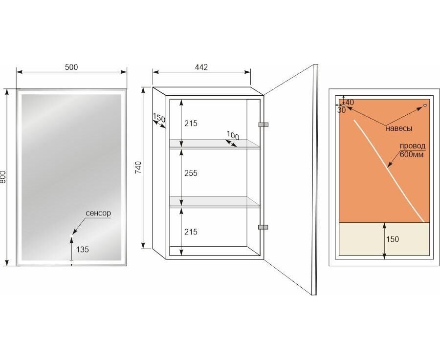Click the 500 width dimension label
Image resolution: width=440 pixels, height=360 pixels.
coord(71,67)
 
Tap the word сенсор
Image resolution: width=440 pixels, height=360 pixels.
coord(98,213)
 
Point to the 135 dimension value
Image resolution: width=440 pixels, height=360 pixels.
coord(83,249)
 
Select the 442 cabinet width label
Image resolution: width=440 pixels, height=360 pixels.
coord(201,67)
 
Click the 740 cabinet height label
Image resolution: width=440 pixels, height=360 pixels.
coord(139,168)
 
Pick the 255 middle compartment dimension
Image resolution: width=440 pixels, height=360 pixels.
coord(191,173)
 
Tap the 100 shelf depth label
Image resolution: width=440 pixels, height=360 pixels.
coord(233,135)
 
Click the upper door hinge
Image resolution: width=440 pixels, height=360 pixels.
coord(263,125)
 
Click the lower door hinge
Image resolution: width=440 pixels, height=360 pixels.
coord(263,227)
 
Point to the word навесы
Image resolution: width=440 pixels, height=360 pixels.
coord(399,128)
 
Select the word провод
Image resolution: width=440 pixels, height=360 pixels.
coord(413,146)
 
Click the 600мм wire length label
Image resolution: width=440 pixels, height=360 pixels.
coord(412,154)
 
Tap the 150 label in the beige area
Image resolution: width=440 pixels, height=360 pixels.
coord(392,239)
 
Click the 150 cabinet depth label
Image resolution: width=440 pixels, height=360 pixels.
coord(159,118)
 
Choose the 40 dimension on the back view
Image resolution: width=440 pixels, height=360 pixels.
coord(350,103)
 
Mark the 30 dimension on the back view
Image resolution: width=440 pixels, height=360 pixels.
coord(342,110)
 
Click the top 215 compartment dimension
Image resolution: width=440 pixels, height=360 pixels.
coord(191,123)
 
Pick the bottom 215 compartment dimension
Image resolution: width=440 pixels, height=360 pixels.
coord(191,232)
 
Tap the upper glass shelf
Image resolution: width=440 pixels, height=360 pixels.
coord(215,144)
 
